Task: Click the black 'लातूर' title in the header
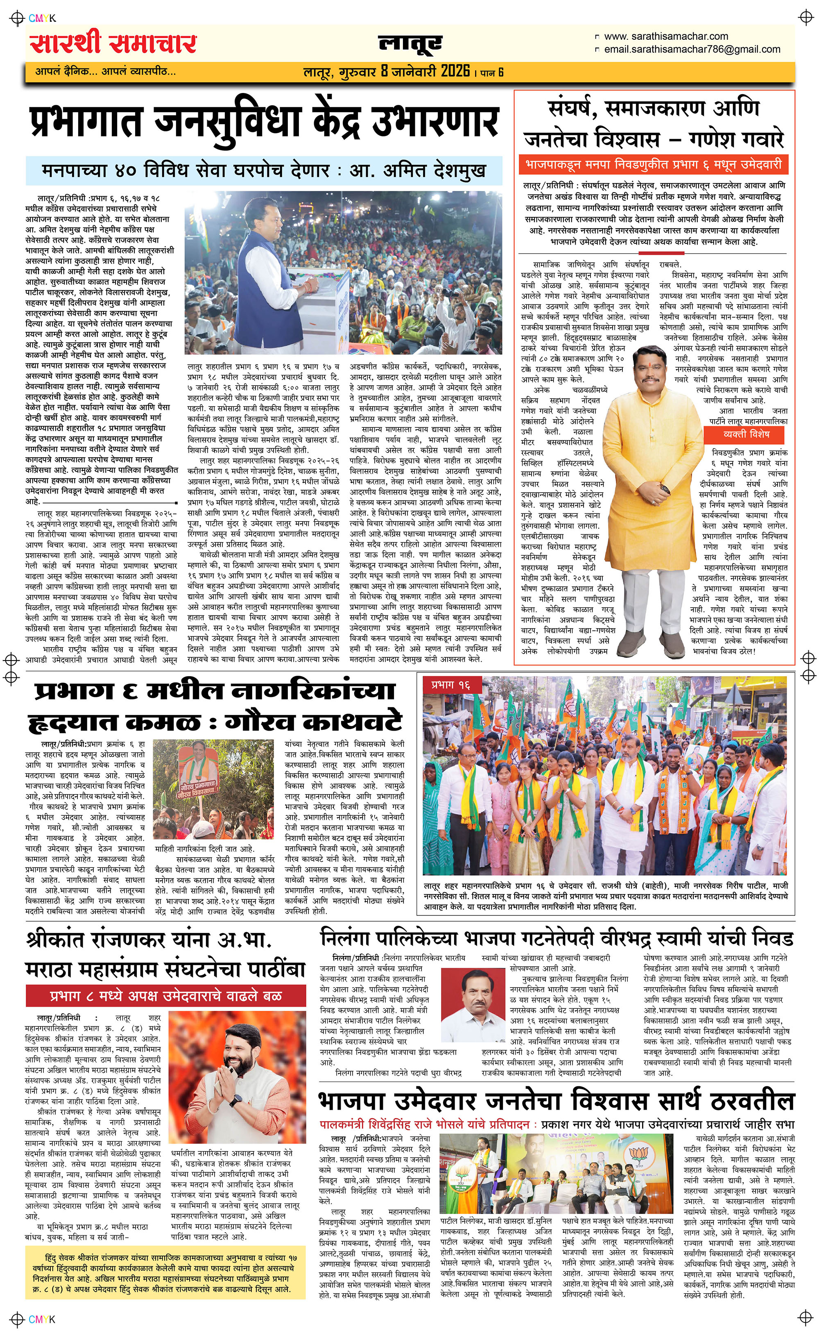(410, 44)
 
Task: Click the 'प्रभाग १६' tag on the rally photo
(450, 686)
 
